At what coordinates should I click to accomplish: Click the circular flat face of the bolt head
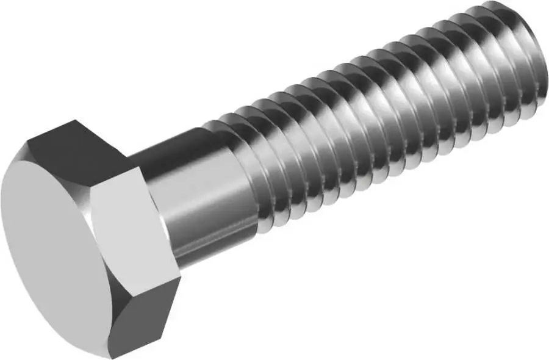pos(49,238)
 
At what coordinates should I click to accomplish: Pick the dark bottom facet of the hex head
pos(146,317)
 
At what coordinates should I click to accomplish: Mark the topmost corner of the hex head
pos(76,121)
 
